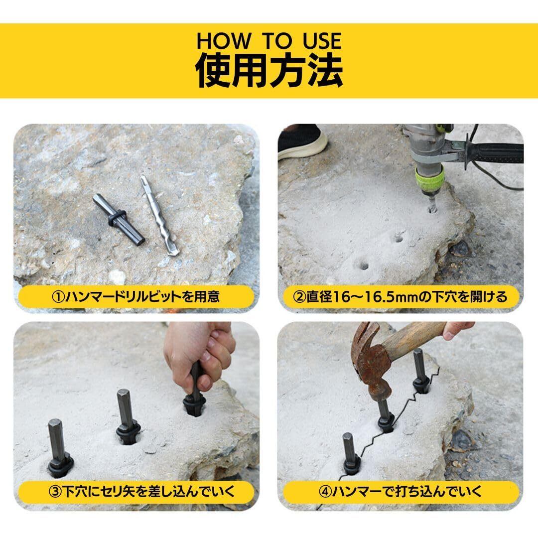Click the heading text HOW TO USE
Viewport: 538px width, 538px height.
coord(269,41)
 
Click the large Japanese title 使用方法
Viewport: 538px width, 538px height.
coord(269,71)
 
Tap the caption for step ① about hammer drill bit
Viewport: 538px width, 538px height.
coord(136,296)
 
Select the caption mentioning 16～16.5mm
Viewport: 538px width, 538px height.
coord(400,296)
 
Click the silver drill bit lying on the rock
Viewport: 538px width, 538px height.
coord(159,215)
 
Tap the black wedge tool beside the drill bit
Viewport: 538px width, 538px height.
coord(119,220)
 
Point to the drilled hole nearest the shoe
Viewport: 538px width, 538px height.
coord(362,265)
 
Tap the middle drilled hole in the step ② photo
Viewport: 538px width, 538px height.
coord(398,238)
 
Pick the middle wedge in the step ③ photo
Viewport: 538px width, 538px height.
coord(127,416)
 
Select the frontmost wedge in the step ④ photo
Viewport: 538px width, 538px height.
coord(351,453)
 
